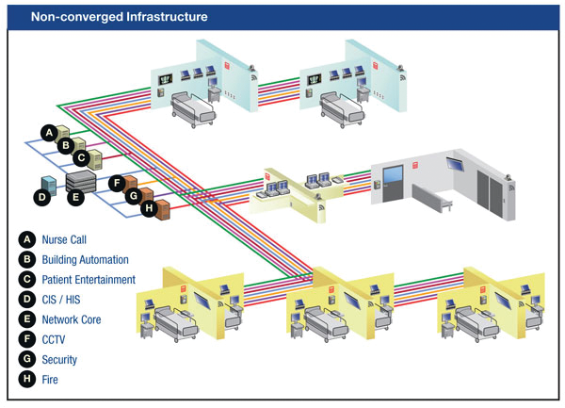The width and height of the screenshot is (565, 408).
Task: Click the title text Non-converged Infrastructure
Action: coord(120,17)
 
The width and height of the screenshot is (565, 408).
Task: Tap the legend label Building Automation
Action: coord(85,259)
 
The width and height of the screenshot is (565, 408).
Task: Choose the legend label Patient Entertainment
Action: coord(89,280)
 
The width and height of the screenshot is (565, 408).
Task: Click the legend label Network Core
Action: coord(72,319)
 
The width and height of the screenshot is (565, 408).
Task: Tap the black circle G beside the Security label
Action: coord(26,360)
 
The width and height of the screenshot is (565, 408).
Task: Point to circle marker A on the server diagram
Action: coord(48,132)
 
